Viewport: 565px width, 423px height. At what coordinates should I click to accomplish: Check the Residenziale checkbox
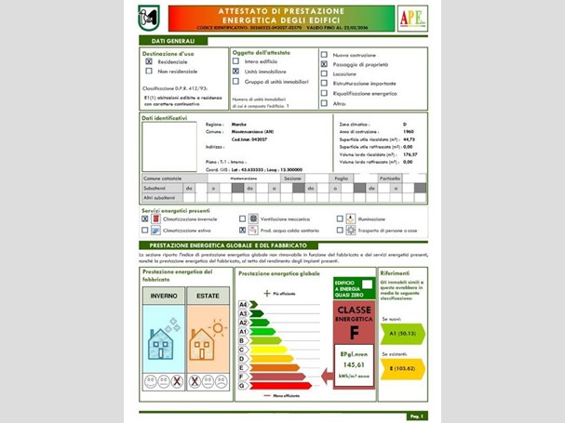(148, 61)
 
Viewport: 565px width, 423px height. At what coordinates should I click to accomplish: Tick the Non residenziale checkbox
(148, 72)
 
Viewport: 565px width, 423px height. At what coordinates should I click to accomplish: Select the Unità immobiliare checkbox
(235, 72)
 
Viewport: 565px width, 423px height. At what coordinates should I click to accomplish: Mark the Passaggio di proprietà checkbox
(324, 65)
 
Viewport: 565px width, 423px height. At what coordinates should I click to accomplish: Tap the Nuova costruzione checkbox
(324, 56)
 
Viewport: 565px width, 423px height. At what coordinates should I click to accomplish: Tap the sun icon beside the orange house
(209, 329)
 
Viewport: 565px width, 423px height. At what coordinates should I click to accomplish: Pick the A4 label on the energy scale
(244, 305)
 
